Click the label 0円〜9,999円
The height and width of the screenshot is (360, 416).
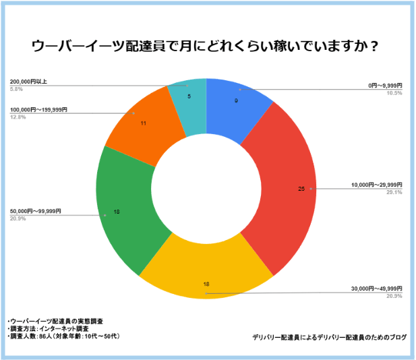(x=385, y=86)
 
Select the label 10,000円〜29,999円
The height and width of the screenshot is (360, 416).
(x=377, y=185)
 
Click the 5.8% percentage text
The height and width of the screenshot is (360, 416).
(x=18, y=89)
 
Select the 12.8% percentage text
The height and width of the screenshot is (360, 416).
(x=19, y=117)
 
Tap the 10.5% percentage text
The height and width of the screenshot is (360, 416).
(x=394, y=93)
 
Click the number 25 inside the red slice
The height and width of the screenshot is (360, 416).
(x=301, y=189)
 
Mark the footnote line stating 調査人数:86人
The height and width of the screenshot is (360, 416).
(x=58, y=336)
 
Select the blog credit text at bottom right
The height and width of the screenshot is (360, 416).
(x=330, y=336)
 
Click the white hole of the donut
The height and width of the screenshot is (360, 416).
(x=206, y=189)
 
